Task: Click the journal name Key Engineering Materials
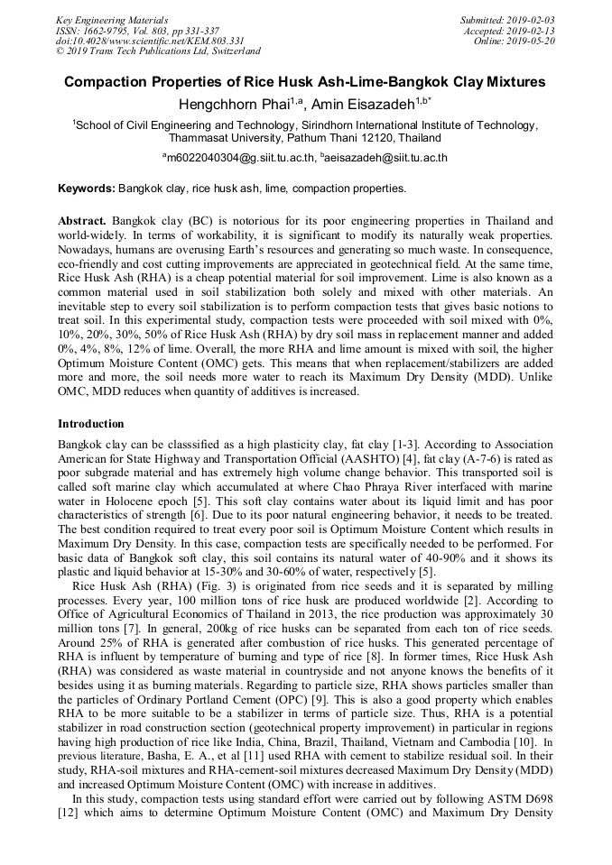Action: click(113, 19)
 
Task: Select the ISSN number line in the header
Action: click(137, 30)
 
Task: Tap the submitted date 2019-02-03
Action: click(533, 19)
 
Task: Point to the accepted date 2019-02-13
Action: click(533, 30)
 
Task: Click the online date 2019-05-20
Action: click(533, 41)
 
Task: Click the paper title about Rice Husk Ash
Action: click(305, 82)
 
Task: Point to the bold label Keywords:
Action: click(87, 189)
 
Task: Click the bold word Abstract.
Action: click(83, 221)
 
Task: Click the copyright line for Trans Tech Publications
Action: click(158, 51)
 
